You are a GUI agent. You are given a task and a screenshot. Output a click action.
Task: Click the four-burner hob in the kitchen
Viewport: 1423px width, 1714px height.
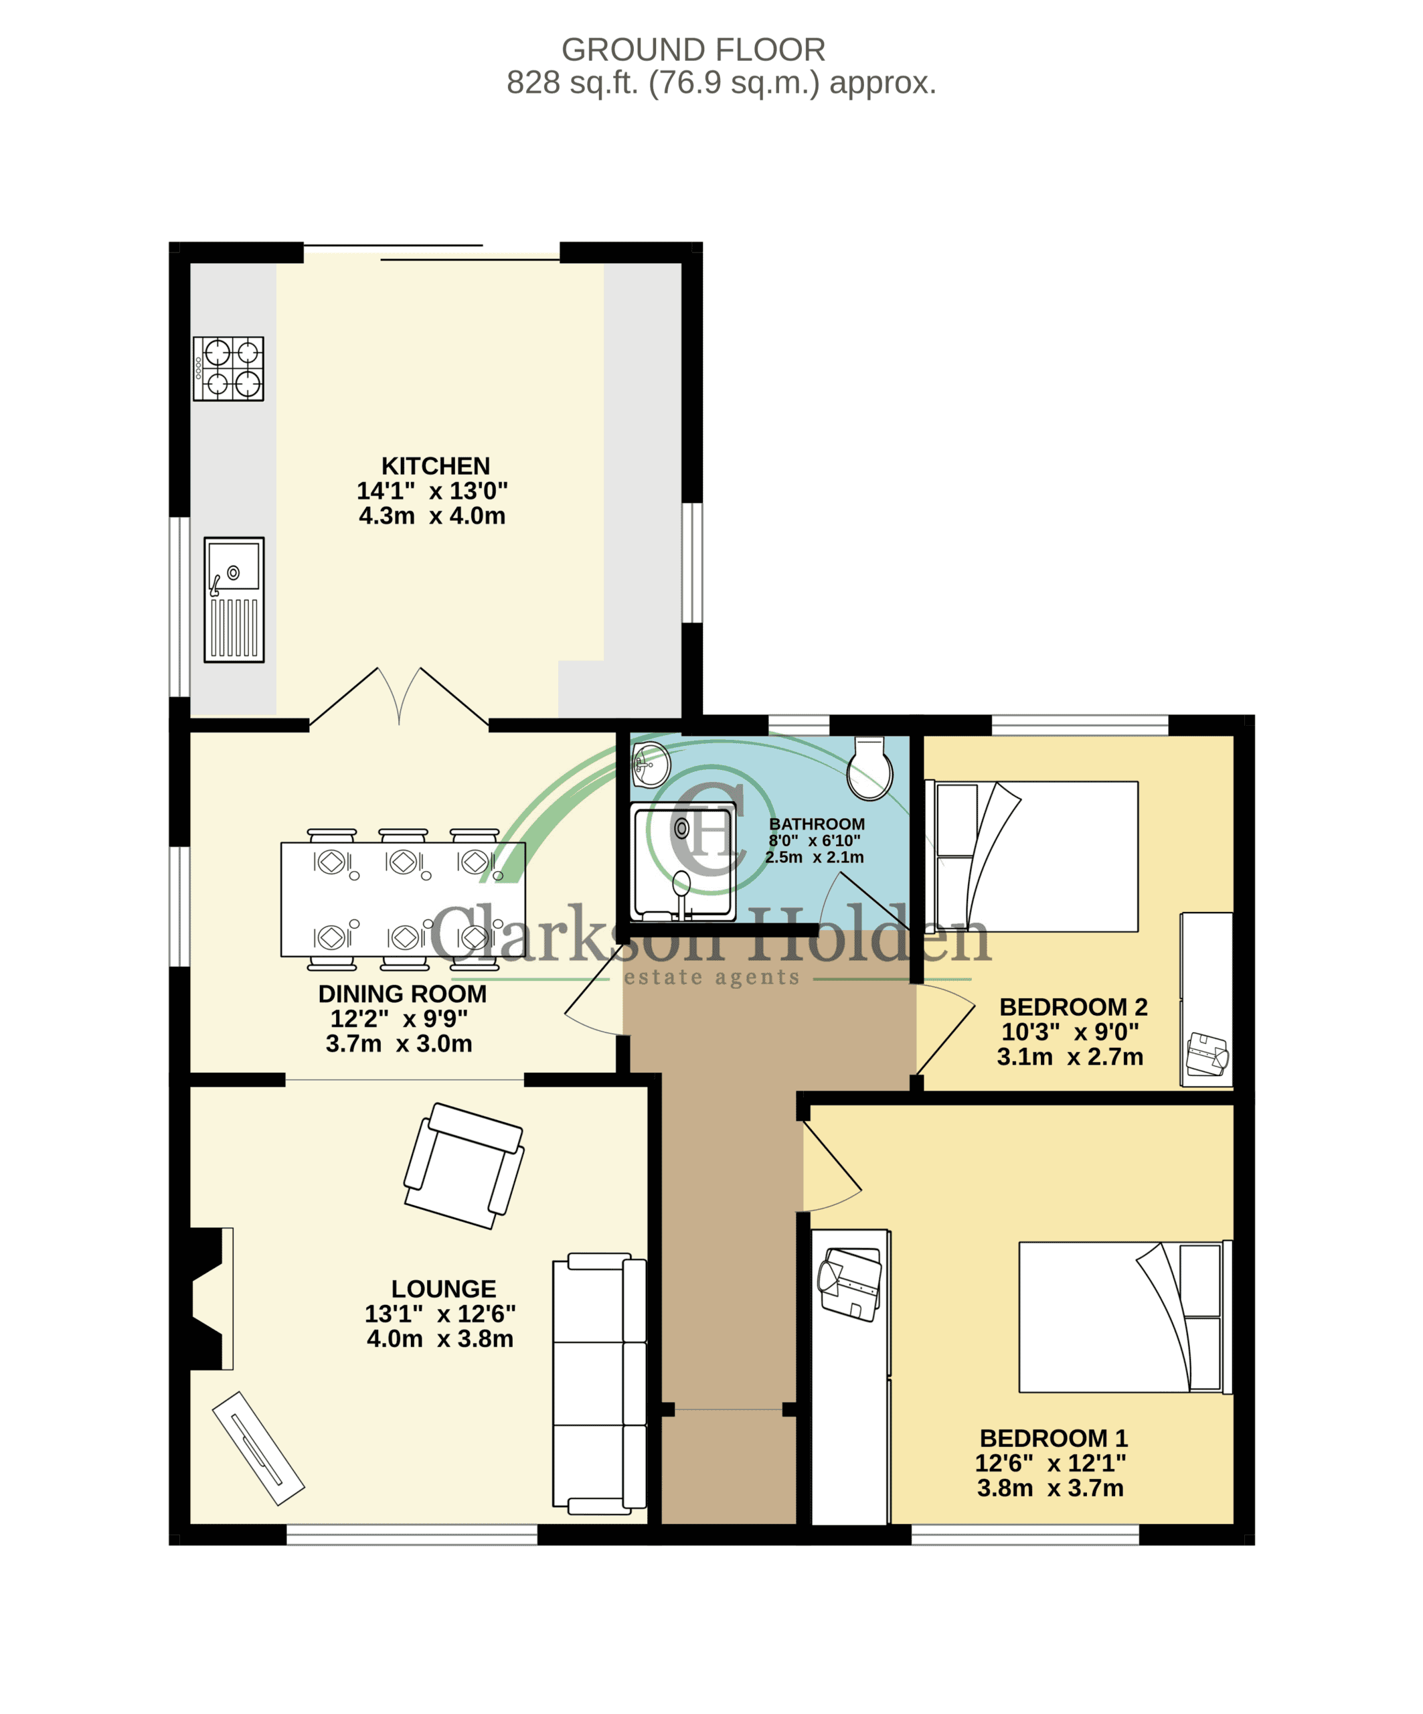point(228,369)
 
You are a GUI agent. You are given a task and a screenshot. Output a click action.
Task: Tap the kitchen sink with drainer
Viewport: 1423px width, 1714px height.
point(234,600)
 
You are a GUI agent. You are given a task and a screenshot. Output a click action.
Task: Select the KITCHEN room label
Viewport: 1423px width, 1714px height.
point(436,466)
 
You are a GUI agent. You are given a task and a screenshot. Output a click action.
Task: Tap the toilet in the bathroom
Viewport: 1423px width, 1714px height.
point(869,769)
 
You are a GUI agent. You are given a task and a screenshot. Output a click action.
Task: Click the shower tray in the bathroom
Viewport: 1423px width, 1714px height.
point(683,862)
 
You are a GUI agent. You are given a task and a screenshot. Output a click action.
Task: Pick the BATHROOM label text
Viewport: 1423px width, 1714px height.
point(817,824)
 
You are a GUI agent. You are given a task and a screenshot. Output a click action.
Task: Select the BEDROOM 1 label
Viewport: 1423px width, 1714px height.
point(1054,1438)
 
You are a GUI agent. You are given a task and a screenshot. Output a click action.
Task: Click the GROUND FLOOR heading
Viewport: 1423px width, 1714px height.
point(693,50)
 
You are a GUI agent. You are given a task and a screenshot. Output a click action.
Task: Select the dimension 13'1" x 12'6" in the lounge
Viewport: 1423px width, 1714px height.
point(440,1314)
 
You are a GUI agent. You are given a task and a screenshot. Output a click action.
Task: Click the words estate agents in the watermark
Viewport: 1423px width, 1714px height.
point(711,978)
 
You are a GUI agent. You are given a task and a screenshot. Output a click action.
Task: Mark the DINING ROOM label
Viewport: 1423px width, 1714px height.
point(402,994)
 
